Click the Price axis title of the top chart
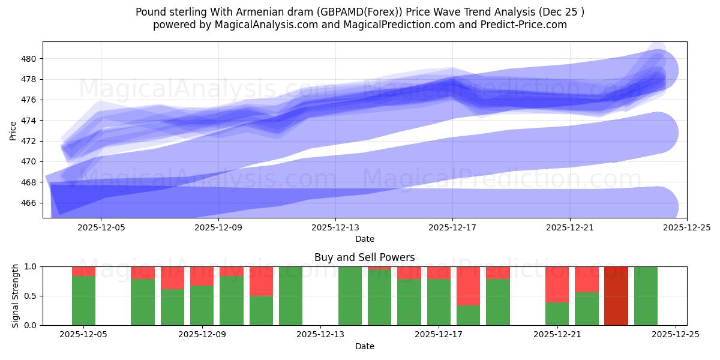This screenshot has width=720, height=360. pos(13,130)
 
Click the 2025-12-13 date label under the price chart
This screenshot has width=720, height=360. pos(335,228)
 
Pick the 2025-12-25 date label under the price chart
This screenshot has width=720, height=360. pos(687,228)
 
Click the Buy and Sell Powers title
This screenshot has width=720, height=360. pos(364,257)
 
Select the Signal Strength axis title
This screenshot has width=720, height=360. pos(16,296)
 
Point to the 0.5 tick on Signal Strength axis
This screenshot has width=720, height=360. pos(30,296)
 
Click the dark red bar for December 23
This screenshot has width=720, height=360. pos(616,296)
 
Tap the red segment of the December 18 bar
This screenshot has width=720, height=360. pos(468,286)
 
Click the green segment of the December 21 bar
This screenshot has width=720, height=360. pos(557,314)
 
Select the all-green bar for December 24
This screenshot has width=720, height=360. pos(646,296)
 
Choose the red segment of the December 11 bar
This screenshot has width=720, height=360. pos(261,281)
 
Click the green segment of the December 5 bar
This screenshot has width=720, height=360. pos(83,301)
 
